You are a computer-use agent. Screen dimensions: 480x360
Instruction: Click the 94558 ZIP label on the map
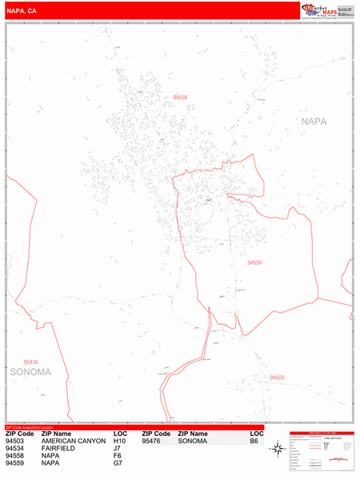click(x=180, y=98)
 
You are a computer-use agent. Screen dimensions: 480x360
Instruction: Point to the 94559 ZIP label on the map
click(x=254, y=262)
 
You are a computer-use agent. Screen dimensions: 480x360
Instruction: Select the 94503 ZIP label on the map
click(x=277, y=378)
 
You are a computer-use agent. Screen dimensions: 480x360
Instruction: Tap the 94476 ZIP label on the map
click(x=31, y=362)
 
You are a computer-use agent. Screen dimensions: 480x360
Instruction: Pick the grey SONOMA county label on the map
click(x=30, y=372)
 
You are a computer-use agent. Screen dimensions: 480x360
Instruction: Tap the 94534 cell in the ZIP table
click(x=15, y=449)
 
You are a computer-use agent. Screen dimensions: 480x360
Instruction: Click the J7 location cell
click(x=118, y=449)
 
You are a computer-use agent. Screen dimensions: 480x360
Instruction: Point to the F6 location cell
click(x=118, y=456)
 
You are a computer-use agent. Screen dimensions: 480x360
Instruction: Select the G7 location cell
click(x=118, y=463)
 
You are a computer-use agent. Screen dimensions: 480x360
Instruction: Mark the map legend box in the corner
click(x=320, y=453)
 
